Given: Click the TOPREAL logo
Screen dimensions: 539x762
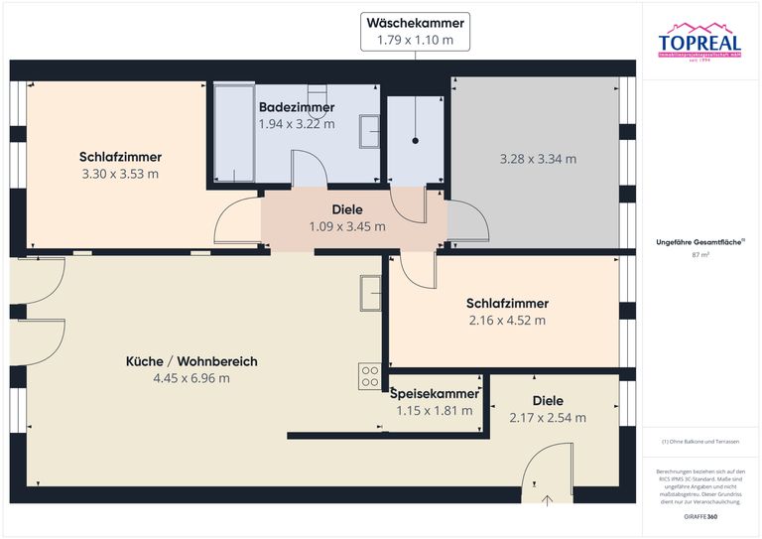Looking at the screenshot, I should click(x=700, y=43).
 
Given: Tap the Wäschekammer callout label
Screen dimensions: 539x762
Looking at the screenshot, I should click(x=415, y=23).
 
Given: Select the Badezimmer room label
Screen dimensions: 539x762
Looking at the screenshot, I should click(x=297, y=107).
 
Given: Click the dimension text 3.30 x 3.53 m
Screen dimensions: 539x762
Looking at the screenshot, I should click(x=120, y=174).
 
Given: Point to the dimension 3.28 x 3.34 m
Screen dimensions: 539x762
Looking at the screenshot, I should click(x=538, y=159).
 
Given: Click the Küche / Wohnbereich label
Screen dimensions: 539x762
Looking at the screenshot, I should click(x=191, y=362).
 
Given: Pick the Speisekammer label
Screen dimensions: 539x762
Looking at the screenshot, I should click(x=435, y=393).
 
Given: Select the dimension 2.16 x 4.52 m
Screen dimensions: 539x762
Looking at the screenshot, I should click(x=506, y=321).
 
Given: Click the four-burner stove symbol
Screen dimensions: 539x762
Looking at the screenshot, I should click(x=370, y=376).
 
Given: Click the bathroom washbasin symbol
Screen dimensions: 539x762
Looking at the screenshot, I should click(x=369, y=130).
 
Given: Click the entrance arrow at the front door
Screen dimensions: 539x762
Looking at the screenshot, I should click(x=548, y=499).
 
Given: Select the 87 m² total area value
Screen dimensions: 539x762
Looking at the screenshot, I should click(x=700, y=255).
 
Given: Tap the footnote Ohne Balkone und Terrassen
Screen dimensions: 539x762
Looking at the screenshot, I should click(x=700, y=441).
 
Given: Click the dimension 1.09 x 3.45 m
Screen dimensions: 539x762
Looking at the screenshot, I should click(x=346, y=226).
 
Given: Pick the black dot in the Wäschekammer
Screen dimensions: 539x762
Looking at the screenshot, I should click(x=416, y=142).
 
